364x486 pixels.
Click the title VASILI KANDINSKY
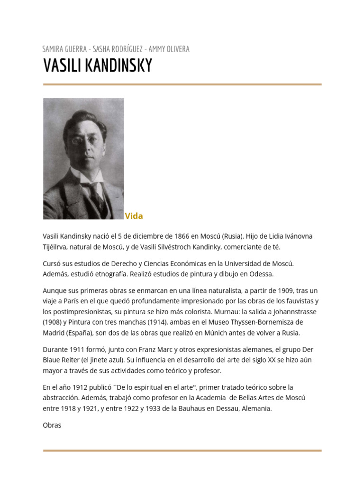coord(98,66)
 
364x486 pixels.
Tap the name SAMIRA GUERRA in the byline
coord(64,49)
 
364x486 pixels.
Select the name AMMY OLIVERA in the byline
coord(169,49)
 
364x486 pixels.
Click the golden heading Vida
coord(134,216)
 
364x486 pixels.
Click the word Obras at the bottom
coord(52,425)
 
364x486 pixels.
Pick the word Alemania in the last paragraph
coord(255,409)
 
